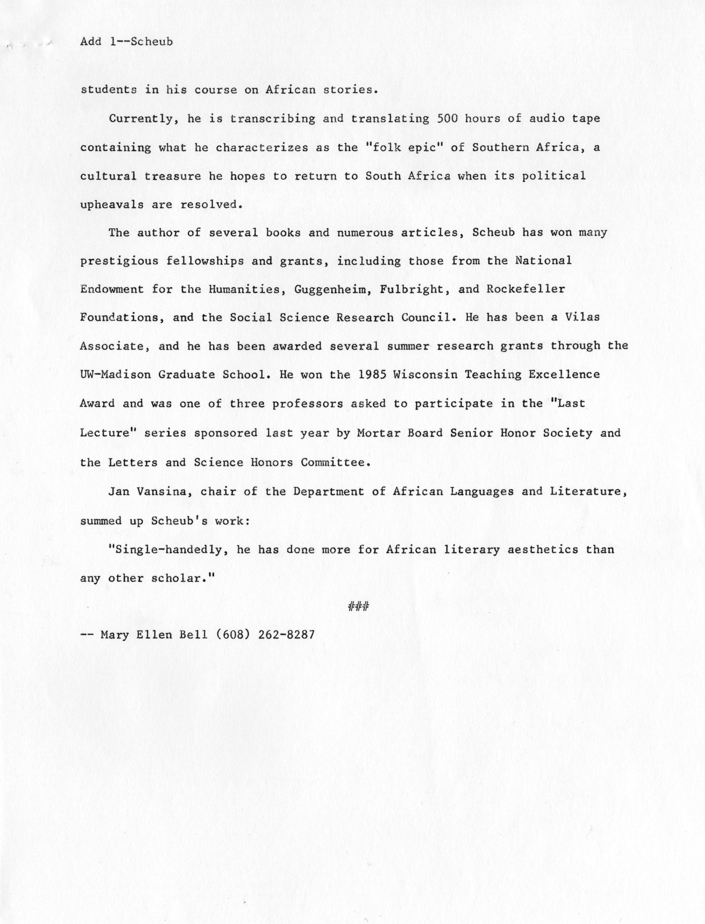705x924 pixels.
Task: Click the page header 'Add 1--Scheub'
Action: click(126, 42)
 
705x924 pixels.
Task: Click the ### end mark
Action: click(359, 606)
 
